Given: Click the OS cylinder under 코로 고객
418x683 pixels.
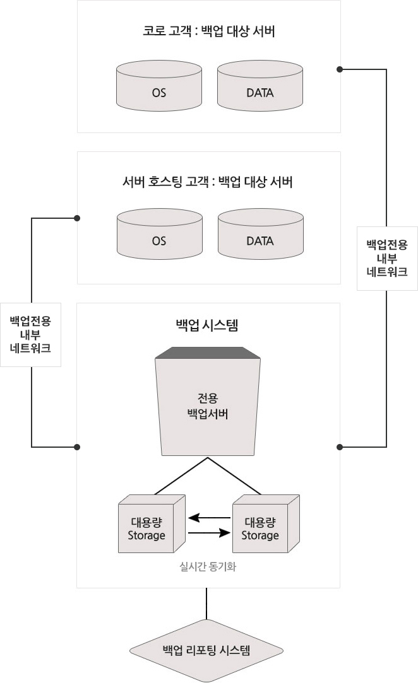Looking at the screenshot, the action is click(x=159, y=86).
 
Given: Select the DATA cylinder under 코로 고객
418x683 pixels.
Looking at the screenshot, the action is click(x=260, y=86).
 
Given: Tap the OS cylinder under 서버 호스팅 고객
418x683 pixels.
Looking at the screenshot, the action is click(x=160, y=234).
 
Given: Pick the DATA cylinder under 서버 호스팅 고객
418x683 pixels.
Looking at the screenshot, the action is click(x=261, y=234).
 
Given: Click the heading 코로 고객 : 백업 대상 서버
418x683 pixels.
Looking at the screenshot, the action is click(x=209, y=32).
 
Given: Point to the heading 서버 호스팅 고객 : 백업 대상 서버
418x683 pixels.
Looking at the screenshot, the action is click(x=207, y=182).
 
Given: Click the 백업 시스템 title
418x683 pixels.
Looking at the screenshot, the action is click(x=207, y=325).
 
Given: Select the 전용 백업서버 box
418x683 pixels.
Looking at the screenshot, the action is click(x=208, y=402).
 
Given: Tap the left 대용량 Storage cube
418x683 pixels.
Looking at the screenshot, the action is click(x=152, y=524).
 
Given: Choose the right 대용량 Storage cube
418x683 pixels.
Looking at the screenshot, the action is click(x=266, y=524).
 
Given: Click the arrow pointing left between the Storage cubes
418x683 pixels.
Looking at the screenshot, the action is click(x=210, y=518).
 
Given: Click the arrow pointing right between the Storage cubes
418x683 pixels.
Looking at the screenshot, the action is click(x=210, y=533).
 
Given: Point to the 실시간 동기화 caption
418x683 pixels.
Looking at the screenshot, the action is click(x=208, y=566).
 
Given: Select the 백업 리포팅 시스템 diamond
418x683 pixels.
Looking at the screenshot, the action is click(x=206, y=651).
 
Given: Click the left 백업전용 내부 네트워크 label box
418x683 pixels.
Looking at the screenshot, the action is click(x=30, y=334).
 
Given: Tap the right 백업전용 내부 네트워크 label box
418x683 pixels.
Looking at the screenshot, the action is click(x=387, y=259).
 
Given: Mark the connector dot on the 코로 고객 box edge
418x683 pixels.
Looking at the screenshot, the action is click(x=340, y=69).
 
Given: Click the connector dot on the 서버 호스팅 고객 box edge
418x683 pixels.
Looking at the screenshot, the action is click(x=77, y=218).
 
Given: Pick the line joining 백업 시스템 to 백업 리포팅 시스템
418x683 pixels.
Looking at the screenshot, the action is click(x=206, y=604).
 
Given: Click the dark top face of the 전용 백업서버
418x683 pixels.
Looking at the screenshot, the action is click(x=208, y=353).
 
